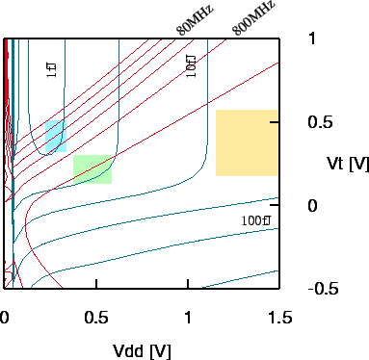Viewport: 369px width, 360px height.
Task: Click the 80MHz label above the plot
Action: (195, 19)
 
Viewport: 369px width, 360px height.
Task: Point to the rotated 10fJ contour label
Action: (190, 64)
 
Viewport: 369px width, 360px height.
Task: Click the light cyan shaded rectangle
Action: (55, 137)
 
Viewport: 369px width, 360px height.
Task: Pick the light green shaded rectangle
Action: (92, 169)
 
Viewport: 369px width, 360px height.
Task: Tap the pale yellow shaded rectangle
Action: (247, 143)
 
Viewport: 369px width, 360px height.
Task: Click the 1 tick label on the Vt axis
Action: (312, 39)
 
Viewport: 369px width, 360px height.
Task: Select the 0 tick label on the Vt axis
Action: (312, 206)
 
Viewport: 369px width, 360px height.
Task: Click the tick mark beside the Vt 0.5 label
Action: (277, 122)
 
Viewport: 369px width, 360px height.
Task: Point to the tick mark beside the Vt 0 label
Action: (277, 206)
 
